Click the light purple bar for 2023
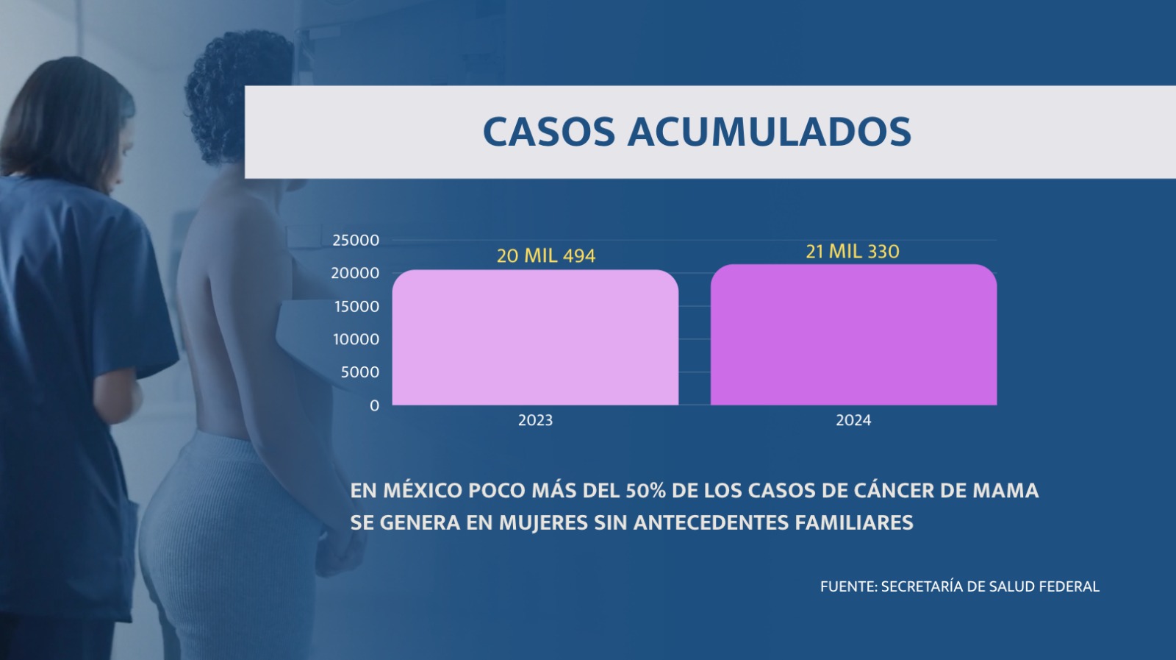click(x=535, y=338)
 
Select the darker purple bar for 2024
click(x=853, y=336)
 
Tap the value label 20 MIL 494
click(x=546, y=256)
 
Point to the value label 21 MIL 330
click(x=853, y=252)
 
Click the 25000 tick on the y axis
click(x=356, y=241)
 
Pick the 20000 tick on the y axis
click(x=355, y=273)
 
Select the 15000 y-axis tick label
click(x=356, y=306)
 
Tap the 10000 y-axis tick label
click(x=356, y=339)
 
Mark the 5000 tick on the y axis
click(x=359, y=372)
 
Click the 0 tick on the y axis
click(x=375, y=405)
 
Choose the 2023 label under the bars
click(x=535, y=420)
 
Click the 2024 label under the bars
click(x=853, y=420)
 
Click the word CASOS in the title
click(x=548, y=132)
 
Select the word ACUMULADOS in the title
click(x=769, y=132)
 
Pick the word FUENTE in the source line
click(x=848, y=586)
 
